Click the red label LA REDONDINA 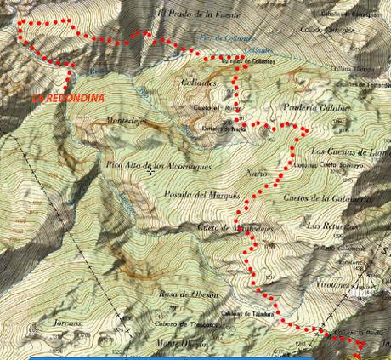[68, 98]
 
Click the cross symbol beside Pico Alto [150, 171]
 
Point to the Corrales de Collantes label [247, 61]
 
